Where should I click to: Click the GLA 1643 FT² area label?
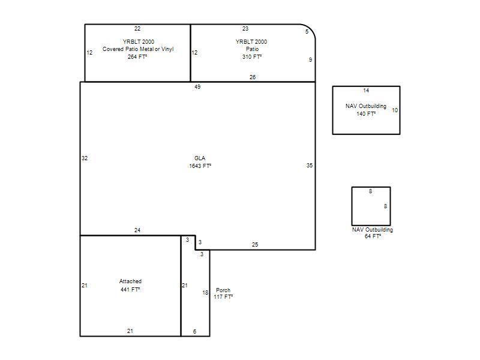tap(200, 162)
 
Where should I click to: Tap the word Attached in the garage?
tap(130, 281)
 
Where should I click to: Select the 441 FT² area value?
tap(130, 289)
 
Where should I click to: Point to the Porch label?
tap(223, 290)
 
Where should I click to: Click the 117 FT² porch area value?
tap(223, 296)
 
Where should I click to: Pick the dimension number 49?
tap(197, 87)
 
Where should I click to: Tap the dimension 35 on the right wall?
tap(310, 166)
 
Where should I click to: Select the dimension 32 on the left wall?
tap(85, 158)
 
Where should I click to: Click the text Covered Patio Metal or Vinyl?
tap(138, 49)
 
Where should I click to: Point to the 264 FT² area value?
tap(137, 56)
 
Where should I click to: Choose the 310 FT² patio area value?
tap(252, 56)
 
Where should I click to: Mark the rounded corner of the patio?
tap(311, 29)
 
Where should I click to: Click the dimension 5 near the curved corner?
tap(307, 32)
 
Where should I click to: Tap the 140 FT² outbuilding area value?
tap(366, 113)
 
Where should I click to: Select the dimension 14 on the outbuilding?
tap(366, 91)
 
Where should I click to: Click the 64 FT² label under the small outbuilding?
tap(373, 236)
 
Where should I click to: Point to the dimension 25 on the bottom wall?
tap(255, 245)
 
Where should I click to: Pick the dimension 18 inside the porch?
tap(205, 293)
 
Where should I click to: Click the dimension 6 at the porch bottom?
tap(194, 332)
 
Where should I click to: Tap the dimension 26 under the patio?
tap(253, 77)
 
